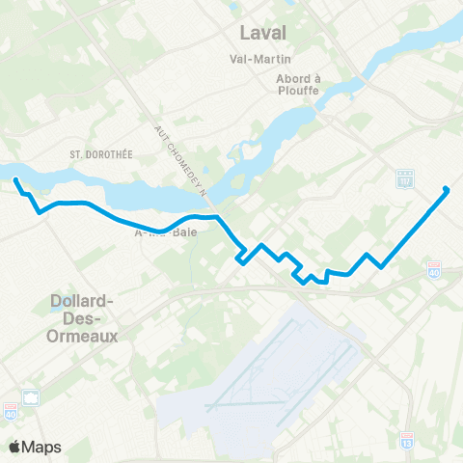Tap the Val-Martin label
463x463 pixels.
pyautogui.click(x=262, y=59)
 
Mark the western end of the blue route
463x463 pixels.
pyautogui.click(x=15, y=178)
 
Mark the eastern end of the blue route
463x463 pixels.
pyautogui.click(x=446, y=189)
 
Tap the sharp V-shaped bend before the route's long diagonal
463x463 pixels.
pyautogui.click(x=382, y=267)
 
